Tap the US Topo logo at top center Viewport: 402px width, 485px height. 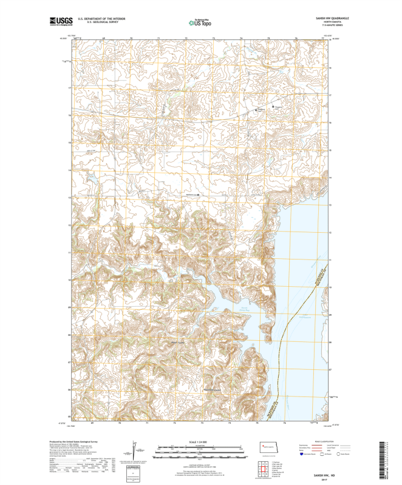tap(200, 23)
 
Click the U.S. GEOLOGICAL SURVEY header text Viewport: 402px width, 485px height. tap(97, 22)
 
